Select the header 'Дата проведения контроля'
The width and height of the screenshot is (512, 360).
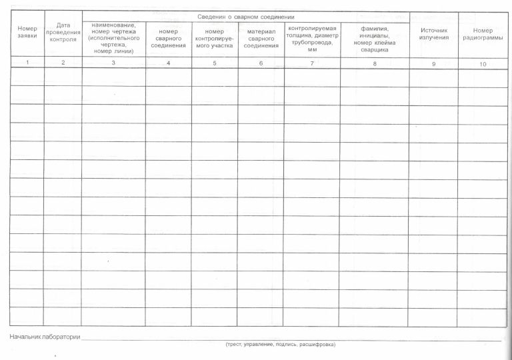[x=63, y=32]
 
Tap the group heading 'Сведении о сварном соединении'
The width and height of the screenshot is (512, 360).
[x=246, y=15]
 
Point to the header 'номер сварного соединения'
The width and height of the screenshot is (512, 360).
[x=168, y=38]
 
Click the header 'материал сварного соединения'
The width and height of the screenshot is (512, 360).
[x=261, y=38]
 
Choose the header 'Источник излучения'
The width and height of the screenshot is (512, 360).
[x=433, y=34]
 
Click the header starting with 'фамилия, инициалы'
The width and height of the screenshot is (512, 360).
[x=375, y=38]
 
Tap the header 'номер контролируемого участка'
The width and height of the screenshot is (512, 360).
[x=215, y=38]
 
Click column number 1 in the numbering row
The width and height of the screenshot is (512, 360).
[x=27, y=63]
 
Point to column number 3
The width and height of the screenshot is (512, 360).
[x=113, y=63]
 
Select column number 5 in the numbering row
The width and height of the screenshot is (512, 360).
[x=215, y=63]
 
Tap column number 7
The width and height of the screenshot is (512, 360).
[x=312, y=63]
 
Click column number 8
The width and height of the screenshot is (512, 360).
[x=375, y=63]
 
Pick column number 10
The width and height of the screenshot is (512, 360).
[x=483, y=64]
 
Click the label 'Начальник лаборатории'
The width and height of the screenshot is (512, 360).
[x=45, y=337]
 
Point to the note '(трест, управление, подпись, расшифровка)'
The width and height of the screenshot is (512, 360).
[x=280, y=345]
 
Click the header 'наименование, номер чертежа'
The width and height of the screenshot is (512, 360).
[x=113, y=38]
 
